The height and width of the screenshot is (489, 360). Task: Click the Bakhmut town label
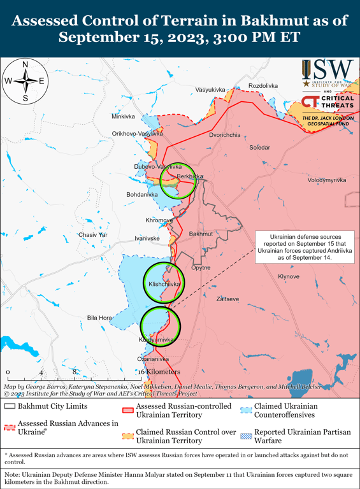pos(201,234)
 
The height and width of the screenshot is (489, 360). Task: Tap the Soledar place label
pos(259,147)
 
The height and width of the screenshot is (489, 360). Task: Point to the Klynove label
pos(289,276)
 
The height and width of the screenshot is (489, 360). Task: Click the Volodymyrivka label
pos(327,180)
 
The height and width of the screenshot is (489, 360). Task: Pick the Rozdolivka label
pos(263,85)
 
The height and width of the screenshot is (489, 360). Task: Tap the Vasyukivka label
pos(210,89)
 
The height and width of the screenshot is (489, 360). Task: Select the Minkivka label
pos(123,117)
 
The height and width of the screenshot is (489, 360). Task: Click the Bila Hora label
pos(99,317)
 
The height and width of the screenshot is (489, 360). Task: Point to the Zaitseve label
pos(228,298)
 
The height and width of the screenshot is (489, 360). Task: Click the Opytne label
pos(201,268)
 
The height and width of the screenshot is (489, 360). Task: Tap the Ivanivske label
pos(147,238)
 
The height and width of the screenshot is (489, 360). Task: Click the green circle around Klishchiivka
pos(162,282)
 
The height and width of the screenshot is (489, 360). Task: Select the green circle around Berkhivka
pos(178,181)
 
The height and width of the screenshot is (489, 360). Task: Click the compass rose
pos(25,81)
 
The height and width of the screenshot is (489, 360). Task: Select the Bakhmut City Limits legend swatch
pos(10,406)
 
